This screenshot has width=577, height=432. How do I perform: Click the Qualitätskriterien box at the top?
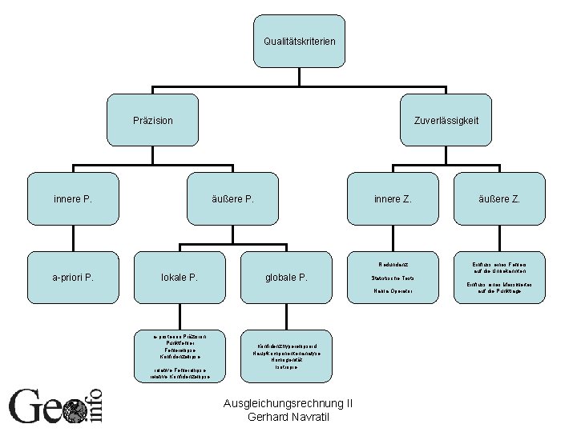pos(300,41)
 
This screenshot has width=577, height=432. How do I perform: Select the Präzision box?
pos(153,121)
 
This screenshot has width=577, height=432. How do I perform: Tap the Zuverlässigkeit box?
pos(446,121)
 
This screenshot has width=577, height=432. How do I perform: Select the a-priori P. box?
pos(73,278)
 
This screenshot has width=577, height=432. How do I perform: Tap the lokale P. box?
pos(180,278)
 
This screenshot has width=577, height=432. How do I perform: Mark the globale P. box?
pos(286,278)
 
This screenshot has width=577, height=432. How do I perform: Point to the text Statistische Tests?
pos(392,277)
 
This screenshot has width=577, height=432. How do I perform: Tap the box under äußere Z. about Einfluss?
pos(499,277)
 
